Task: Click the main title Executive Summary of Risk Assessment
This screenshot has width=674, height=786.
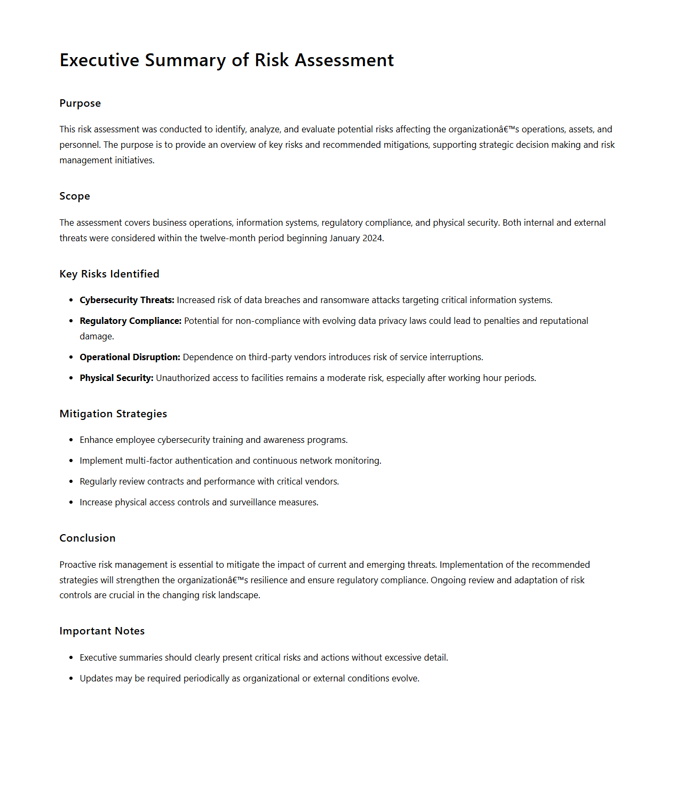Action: point(226,60)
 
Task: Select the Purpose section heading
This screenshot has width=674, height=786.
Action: point(80,104)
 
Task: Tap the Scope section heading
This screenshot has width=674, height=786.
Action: point(75,196)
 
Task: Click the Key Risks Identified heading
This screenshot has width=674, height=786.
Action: point(109,274)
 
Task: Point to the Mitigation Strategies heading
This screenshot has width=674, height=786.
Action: point(113,414)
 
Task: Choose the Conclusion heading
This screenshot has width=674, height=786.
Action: point(88,538)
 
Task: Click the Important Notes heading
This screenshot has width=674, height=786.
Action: point(102,631)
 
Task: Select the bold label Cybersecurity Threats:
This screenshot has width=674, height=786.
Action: point(127,300)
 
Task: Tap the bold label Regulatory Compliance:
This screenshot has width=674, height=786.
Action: point(131,321)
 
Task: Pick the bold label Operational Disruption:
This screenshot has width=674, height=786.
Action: point(130,358)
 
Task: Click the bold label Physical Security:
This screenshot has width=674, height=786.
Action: point(116,378)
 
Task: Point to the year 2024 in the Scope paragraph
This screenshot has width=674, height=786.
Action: point(372,239)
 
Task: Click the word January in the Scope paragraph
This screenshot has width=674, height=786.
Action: point(344,239)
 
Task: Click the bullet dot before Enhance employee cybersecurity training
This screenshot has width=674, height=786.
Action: point(71,440)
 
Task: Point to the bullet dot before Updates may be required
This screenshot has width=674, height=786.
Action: point(71,679)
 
